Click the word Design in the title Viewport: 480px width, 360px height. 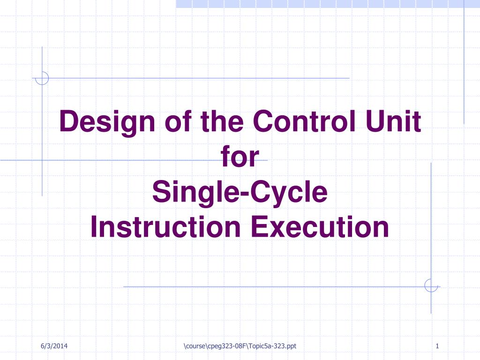pos(107,123)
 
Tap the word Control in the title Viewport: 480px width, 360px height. pos(304,121)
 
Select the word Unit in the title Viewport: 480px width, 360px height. pos(393,121)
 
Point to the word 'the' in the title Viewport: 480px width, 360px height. pos(222,121)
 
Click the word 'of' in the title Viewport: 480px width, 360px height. pos(178,121)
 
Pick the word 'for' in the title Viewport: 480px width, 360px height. pos(240,156)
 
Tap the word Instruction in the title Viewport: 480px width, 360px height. pos(165,226)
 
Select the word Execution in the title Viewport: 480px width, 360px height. pos(320,226)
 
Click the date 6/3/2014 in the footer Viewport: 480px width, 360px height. pos(54,346)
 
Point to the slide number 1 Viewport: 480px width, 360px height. pos(437,346)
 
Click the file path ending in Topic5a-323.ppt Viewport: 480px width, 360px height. pos(240,346)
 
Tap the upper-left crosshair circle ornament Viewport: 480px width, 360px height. pos(42,78)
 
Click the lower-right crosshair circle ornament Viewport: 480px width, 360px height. pos(431,285)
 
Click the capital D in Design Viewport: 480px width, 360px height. pos(70,121)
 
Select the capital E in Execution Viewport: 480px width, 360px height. pos(260,226)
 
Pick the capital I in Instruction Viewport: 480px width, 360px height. pos(94,226)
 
